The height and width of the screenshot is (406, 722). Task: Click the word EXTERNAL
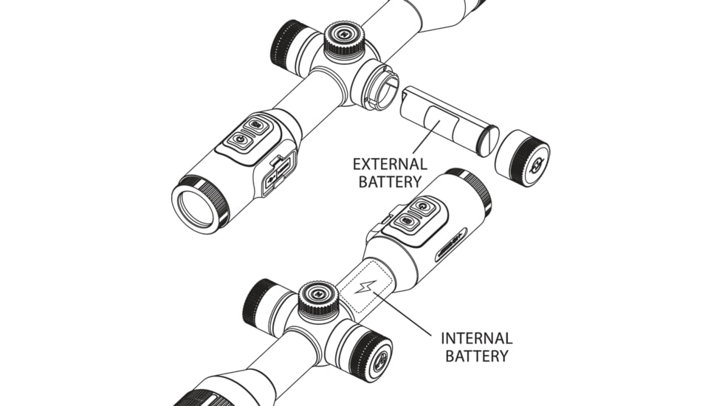point(390,163)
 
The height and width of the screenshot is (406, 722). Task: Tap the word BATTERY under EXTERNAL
point(390,181)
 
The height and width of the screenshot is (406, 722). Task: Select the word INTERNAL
point(476,338)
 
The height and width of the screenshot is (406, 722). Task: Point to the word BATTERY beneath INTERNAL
point(476,356)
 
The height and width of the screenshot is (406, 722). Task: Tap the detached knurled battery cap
point(522,158)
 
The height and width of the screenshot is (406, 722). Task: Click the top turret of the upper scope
point(344,37)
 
